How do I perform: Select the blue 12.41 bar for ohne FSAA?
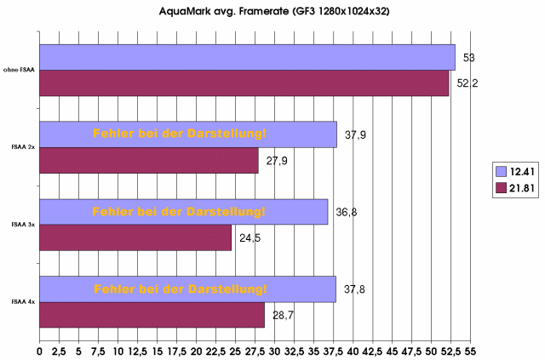tap(247, 57)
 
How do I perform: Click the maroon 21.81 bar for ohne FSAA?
tap(244, 83)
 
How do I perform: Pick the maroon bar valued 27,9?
tap(149, 160)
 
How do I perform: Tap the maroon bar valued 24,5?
tap(135, 237)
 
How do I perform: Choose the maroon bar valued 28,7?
tap(152, 314)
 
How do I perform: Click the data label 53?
tap(468, 58)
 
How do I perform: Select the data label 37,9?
tap(356, 134)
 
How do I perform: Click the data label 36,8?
tap(347, 212)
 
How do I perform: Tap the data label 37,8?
tap(354, 289)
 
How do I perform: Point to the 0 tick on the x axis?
tap(40, 350)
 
